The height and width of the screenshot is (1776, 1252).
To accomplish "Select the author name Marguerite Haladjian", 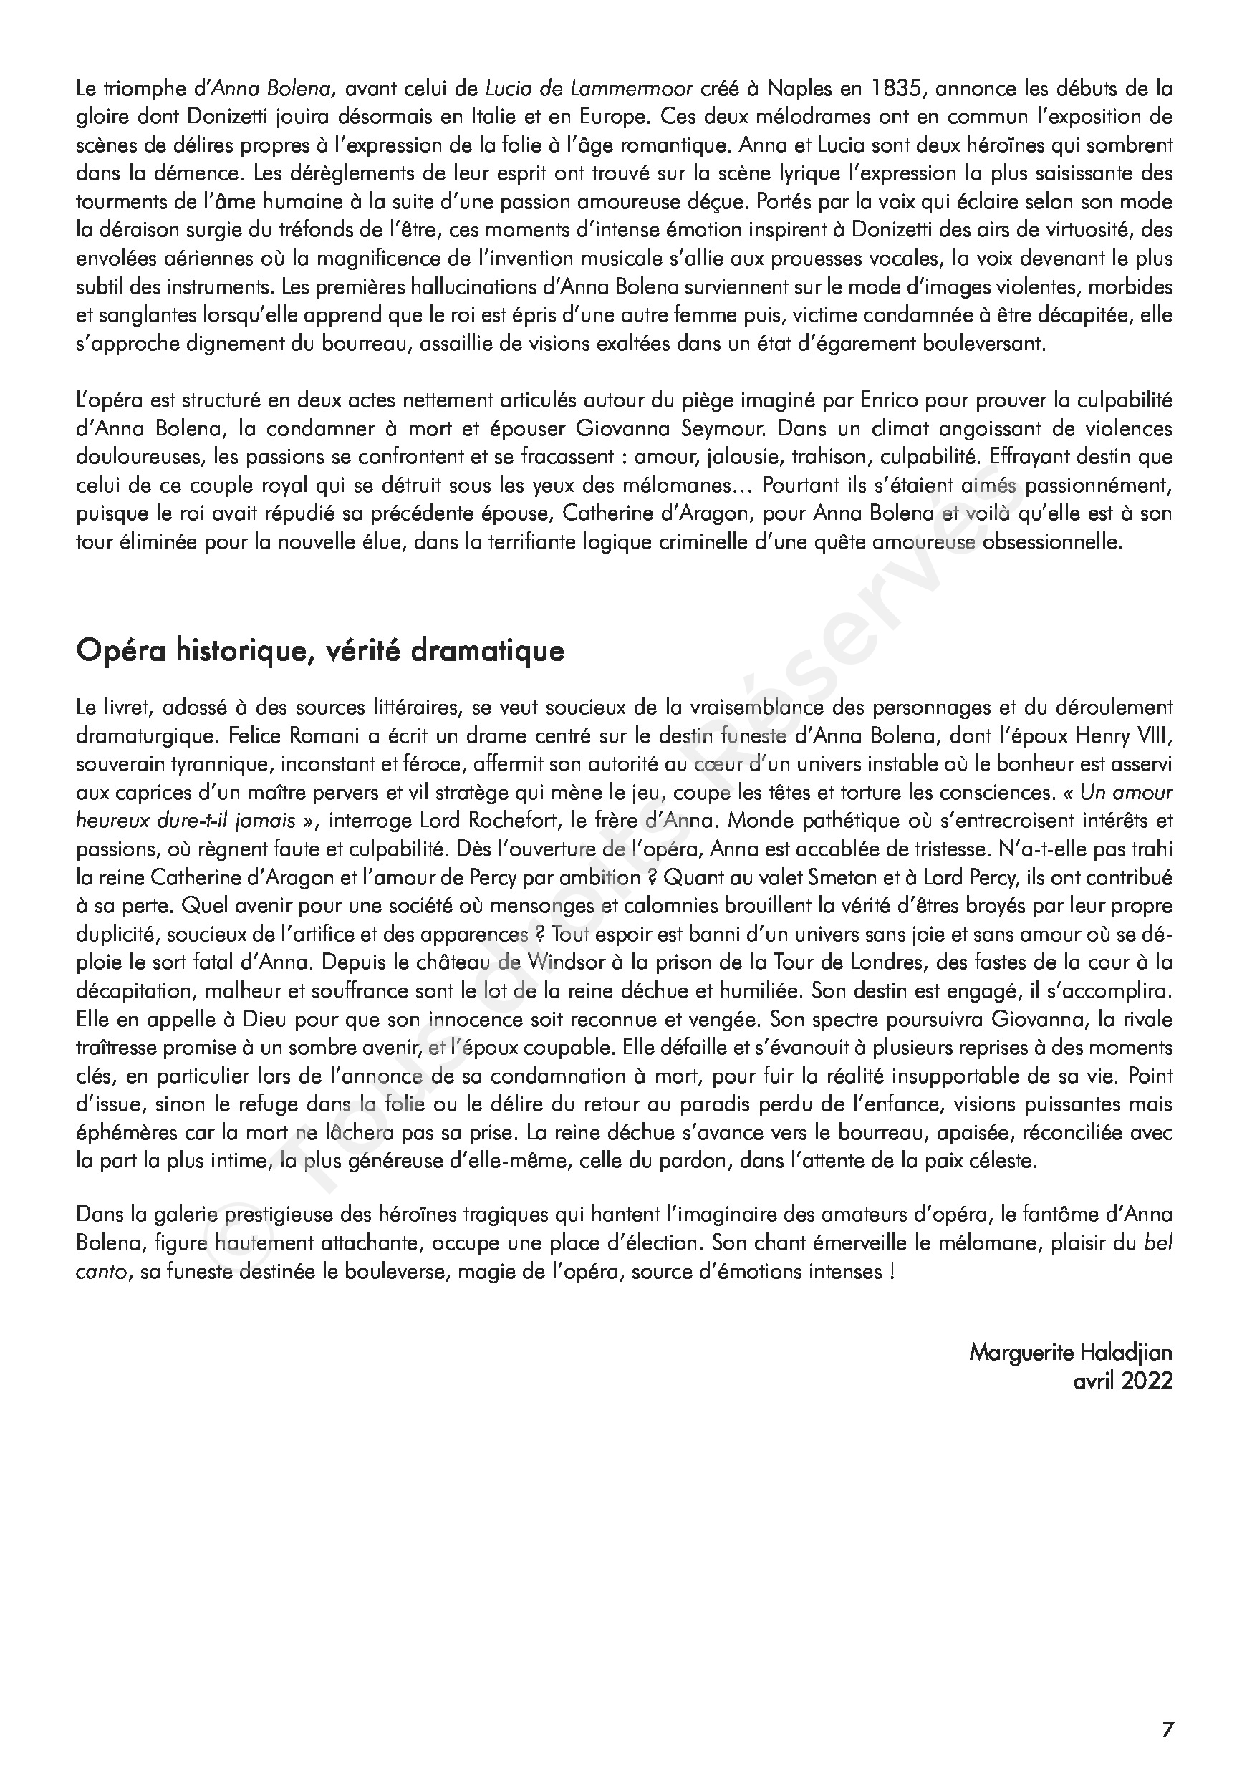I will tap(1070, 1353).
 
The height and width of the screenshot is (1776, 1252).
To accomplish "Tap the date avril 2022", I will tap(1123, 1381).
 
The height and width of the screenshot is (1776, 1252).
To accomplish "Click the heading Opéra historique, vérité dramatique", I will tap(319, 650).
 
